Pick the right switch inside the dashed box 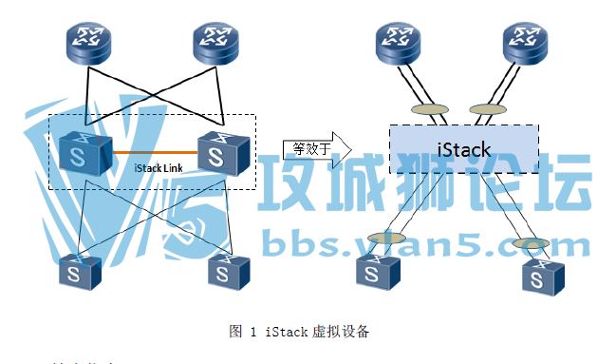(223, 149)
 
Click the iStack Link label (159, 168)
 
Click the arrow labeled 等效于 (317, 148)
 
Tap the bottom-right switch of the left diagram (223, 273)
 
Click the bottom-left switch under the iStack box (379, 271)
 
